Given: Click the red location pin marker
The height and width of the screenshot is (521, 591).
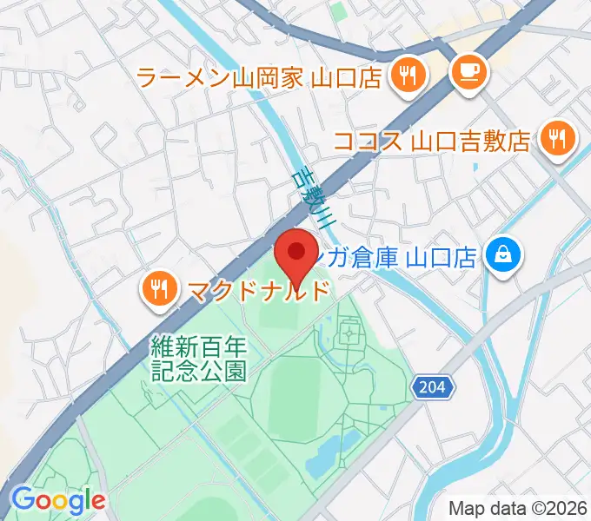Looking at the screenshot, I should tap(295, 254).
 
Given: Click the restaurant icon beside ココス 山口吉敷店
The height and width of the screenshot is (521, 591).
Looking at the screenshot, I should tap(555, 138).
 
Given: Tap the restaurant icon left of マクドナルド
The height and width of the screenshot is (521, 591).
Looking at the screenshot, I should tap(157, 288).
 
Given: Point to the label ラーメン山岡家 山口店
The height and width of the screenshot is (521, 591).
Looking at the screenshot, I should tap(260, 77).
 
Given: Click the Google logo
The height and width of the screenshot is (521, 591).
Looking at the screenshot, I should tap(57, 499).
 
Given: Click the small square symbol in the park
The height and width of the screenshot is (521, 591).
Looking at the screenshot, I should tap(350, 331).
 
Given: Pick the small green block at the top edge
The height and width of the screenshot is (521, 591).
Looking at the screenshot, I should tap(338, 9).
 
